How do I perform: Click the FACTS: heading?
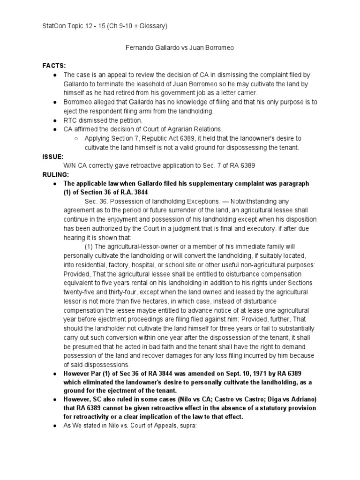click(54, 66)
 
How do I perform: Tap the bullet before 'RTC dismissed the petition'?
click(55, 120)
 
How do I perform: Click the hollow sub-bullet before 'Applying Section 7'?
click(76, 138)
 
